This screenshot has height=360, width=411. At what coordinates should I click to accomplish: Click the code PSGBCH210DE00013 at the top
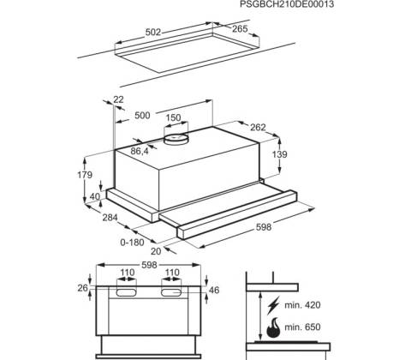point(287,4)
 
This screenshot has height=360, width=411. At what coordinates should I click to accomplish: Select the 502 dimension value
point(153,33)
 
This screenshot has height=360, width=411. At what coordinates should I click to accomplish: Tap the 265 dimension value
point(240,29)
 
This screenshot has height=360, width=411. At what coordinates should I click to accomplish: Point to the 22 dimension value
point(118,99)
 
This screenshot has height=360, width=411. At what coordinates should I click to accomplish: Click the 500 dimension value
point(142,116)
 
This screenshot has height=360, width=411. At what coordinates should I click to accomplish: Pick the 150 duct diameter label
point(173,117)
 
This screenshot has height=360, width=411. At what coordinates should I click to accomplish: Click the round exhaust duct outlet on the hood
point(176,139)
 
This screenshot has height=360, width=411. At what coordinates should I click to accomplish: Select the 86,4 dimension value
point(140,151)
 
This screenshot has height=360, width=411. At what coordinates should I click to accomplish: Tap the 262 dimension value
point(258,127)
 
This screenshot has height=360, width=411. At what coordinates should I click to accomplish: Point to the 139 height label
point(279,154)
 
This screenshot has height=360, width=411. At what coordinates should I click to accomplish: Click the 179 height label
point(85,175)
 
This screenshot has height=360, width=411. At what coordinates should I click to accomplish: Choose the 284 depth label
point(110,218)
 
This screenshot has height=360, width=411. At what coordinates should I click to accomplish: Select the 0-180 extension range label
point(132,243)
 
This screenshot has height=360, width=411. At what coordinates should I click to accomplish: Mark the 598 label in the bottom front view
point(149,265)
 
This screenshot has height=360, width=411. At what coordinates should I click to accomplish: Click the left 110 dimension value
point(127,273)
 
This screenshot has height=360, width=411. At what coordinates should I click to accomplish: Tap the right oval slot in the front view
point(171,292)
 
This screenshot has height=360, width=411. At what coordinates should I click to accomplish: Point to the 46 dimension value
point(214,291)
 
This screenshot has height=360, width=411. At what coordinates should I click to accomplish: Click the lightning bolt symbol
point(273,305)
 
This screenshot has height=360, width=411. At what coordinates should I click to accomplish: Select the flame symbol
point(273,327)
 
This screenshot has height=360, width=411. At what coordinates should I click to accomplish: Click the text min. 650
point(302,327)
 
